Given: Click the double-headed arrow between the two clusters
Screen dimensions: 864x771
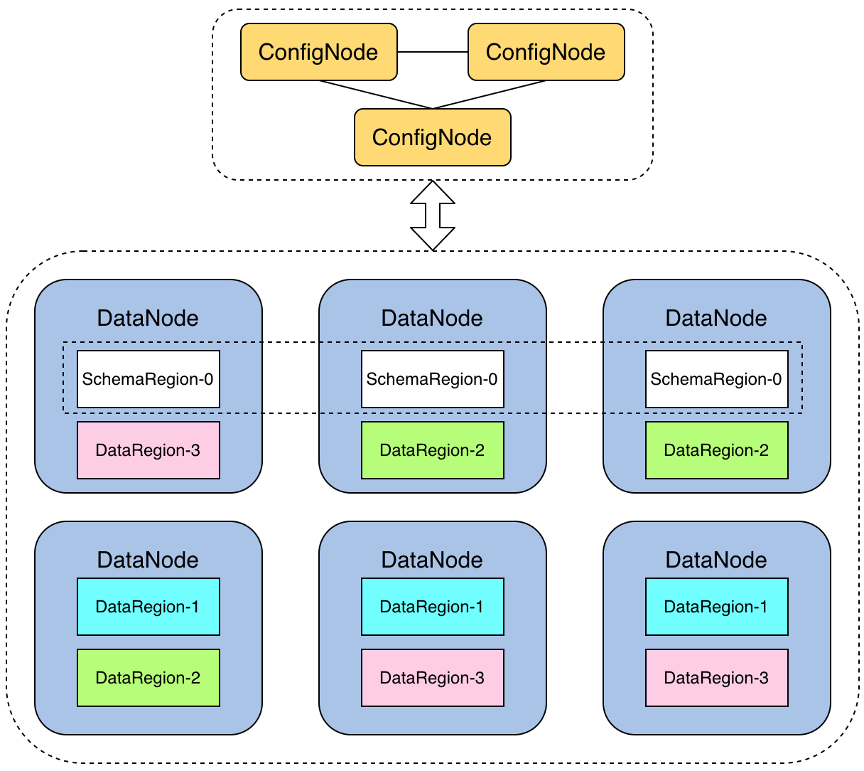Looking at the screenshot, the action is (433, 216).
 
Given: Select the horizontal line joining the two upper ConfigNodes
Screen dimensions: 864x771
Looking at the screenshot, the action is (433, 52).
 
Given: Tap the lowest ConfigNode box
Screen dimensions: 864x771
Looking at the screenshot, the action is (433, 137).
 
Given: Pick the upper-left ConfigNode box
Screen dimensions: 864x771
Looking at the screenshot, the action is (319, 52).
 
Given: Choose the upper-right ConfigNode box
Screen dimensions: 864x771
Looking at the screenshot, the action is (546, 52).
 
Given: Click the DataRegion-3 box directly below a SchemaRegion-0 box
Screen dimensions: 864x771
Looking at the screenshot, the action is (148, 450).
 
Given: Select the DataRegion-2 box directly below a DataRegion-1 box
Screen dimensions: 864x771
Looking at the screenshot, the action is (148, 678).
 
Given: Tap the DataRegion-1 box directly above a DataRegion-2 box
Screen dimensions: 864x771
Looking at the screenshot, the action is (148, 606).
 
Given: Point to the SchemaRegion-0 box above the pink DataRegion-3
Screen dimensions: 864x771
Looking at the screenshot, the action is (148, 379).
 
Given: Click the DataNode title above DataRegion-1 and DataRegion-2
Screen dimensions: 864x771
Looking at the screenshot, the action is (148, 560).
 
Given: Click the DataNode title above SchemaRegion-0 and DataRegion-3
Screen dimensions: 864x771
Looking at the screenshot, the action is (148, 318).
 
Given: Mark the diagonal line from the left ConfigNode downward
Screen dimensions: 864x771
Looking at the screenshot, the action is (376, 95).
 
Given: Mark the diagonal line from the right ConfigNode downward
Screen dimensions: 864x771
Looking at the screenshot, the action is (489, 95).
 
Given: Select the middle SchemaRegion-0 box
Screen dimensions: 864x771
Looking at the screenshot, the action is (433, 379).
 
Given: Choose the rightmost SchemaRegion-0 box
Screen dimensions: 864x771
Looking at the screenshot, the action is (716, 379).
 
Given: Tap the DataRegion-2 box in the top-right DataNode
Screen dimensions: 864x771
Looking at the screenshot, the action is (716, 450).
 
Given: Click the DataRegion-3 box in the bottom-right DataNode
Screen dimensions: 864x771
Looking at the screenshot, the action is (716, 678).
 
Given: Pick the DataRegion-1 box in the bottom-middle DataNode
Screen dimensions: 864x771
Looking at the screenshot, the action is (433, 606).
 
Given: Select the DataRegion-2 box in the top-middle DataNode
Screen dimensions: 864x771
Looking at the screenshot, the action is (433, 450).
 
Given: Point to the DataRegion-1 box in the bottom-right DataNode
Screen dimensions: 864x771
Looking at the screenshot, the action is (716, 606).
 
